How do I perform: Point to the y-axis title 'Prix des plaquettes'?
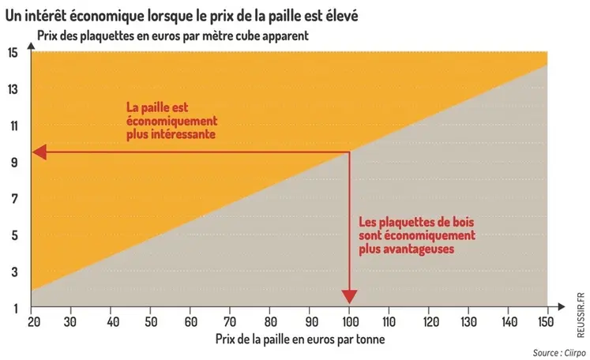pos(172,36)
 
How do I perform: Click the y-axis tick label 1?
pos(14,307)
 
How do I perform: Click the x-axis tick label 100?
pos(348,321)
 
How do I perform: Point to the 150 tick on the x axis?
pos(544,321)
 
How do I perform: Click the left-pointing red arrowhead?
pos(40,152)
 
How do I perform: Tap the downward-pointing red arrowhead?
pos(349,298)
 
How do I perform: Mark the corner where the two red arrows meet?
pos(349,152)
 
